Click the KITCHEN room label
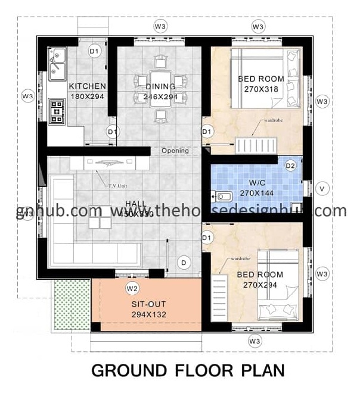tap(88, 86)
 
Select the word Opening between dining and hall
tap(175, 151)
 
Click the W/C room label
tap(257, 183)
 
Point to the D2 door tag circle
tap(291, 165)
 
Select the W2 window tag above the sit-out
tap(132, 288)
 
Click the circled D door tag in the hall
tap(184, 262)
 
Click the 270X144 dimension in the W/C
tap(257, 193)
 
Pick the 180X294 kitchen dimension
tap(88, 96)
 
